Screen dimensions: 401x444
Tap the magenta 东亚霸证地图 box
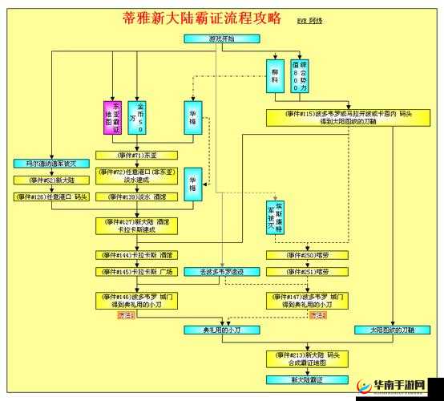pyautogui.click(x=111, y=117)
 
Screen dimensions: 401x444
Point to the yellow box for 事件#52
pyautogui.click(x=52, y=180)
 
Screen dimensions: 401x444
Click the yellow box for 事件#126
pyautogui.click(x=52, y=196)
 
